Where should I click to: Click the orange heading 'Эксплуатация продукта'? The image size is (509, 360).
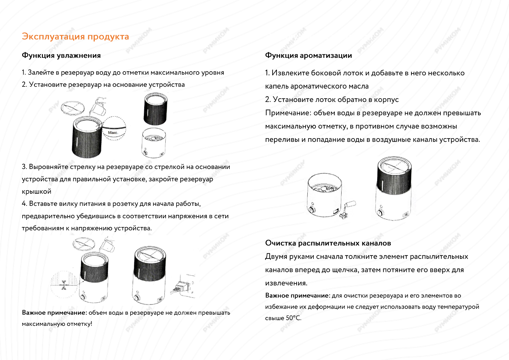[75, 37]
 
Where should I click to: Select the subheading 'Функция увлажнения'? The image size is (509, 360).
[61, 55]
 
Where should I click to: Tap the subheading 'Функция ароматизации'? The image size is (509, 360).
[308, 55]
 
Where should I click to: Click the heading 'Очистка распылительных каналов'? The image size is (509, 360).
[328, 243]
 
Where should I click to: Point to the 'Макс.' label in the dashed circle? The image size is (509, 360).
[113, 133]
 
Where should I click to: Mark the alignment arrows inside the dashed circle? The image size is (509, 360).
[64, 285]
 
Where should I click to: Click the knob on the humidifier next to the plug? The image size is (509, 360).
[137, 298]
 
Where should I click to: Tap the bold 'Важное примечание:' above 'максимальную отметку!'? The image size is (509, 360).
[54, 313]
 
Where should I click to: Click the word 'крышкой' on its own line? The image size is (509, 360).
[37, 191]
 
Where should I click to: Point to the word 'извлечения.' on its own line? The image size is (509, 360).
[286, 283]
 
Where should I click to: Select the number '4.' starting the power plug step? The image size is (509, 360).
[24, 204]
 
